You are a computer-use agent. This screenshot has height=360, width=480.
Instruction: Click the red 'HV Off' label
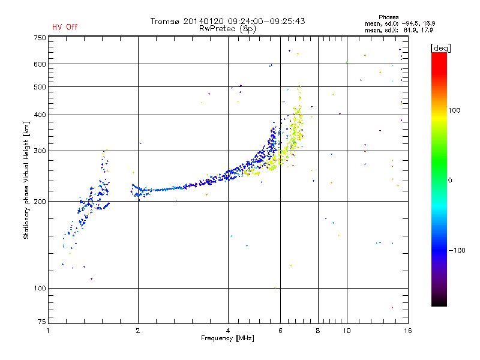(x=64, y=27)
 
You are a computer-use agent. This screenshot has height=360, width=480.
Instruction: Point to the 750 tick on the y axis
(x=40, y=37)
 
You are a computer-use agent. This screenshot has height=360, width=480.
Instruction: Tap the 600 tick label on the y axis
(x=40, y=64)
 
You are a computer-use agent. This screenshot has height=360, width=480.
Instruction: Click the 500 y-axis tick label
(x=40, y=87)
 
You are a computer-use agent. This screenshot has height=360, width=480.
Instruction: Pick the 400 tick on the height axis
(x=40, y=115)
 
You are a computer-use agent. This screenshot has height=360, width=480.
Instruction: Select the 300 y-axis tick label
(x=40, y=151)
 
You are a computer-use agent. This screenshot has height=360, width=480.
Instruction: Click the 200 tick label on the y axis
(x=40, y=202)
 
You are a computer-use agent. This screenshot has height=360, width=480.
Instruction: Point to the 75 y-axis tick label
(x=41, y=324)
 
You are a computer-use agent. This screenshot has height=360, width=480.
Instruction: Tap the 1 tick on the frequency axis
(x=49, y=330)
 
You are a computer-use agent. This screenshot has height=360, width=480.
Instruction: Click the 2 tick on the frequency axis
(x=138, y=330)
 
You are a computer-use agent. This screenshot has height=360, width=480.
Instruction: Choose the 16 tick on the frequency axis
(x=407, y=330)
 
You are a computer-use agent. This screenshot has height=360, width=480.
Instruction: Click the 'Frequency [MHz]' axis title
(x=227, y=338)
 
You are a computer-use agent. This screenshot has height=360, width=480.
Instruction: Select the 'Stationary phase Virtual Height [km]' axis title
(x=26, y=180)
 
